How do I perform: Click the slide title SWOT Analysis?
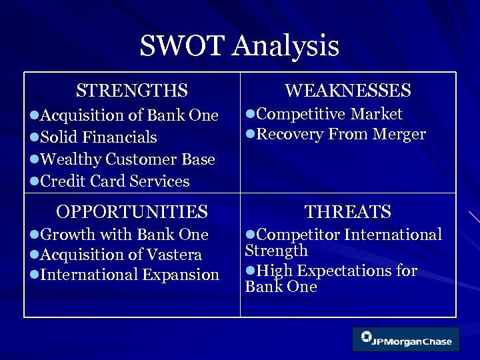point(239,46)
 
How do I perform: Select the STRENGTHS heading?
point(132,90)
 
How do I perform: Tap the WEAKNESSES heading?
point(347,90)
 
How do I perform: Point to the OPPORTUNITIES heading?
point(132,212)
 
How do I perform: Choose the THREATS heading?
point(347,212)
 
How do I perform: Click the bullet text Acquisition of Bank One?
point(129,115)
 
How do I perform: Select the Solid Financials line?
point(99,137)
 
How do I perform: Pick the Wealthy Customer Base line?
point(127,159)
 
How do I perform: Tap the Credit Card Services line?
point(115,181)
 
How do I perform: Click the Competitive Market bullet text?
point(329,114)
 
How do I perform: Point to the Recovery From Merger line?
point(341,134)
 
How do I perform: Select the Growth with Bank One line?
point(124,235)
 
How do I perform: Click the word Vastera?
point(176,255)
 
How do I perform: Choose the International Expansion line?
point(129,275)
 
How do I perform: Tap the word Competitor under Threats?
point(292,235)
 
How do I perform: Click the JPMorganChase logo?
point(405,339)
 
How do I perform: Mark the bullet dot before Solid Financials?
point(35,138)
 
